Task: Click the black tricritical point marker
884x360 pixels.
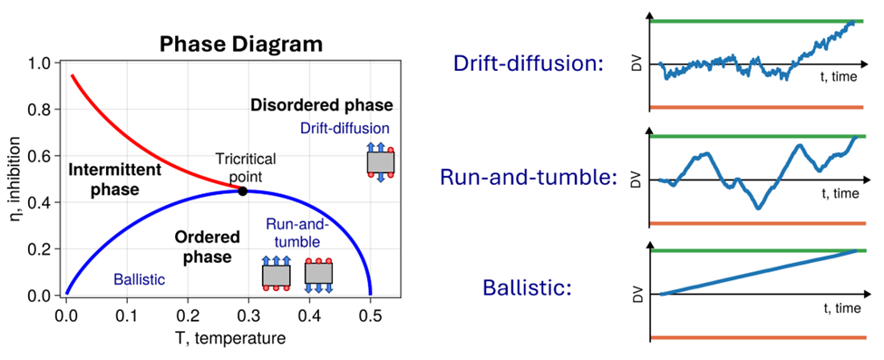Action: pyautogui.click(x=243, y=191)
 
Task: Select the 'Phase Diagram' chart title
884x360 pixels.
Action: pyautogui.click(x=241, y=44)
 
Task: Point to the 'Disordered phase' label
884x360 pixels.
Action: pyautogui.click(x=321, y=105)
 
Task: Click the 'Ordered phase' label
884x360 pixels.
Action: pyautogui.click(x=208, y=248)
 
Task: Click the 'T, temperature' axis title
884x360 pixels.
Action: pyautogui.click(x=230, y=337)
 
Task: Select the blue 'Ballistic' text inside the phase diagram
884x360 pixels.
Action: pyautogui.click(x=140, y=278)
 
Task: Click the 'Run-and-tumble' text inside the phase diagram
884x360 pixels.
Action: pyautogui.click(x=293, y=233)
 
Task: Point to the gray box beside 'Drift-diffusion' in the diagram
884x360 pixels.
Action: pyautogui.click(x=381, y=162)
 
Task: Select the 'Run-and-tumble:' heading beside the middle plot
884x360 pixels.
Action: pyautogui.click(x=525, y=178)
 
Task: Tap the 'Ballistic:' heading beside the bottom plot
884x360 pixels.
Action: pyautogui.click(x=527, y=288)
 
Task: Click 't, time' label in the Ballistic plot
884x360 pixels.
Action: pyautogui.click(x=840, y=308)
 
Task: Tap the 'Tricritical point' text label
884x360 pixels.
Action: pyautogui.click(x=247, y=167)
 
